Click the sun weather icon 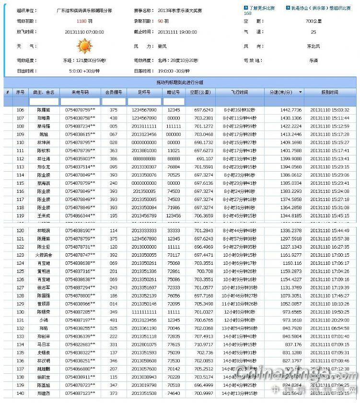(x=84, y=47)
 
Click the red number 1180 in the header (x=81, y=21)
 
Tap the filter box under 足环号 (x=144, y=102)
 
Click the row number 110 (x=20, y=142)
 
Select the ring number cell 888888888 (x=144, y=159)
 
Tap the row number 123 (x=20, y=255)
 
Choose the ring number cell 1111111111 (x=144, y=312)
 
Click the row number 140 (x=20, y=393)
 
